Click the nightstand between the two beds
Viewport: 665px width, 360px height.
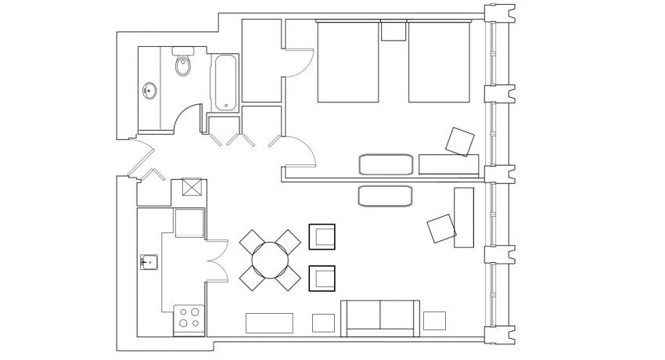(394, 31)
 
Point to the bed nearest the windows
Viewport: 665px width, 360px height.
(439, 62)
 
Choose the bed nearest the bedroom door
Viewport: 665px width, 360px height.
(348, 62)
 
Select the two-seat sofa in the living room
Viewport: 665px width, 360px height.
(380, 316)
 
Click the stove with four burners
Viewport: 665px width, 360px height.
(189, 319)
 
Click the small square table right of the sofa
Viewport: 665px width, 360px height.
(434, 321)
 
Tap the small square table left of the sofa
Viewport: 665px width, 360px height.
(323, 322)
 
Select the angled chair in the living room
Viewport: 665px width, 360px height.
(441, 229)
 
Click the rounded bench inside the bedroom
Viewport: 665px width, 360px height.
(385, 164)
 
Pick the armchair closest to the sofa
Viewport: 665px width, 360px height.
(322, 278)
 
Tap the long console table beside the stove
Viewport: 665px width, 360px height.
(269, 322)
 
